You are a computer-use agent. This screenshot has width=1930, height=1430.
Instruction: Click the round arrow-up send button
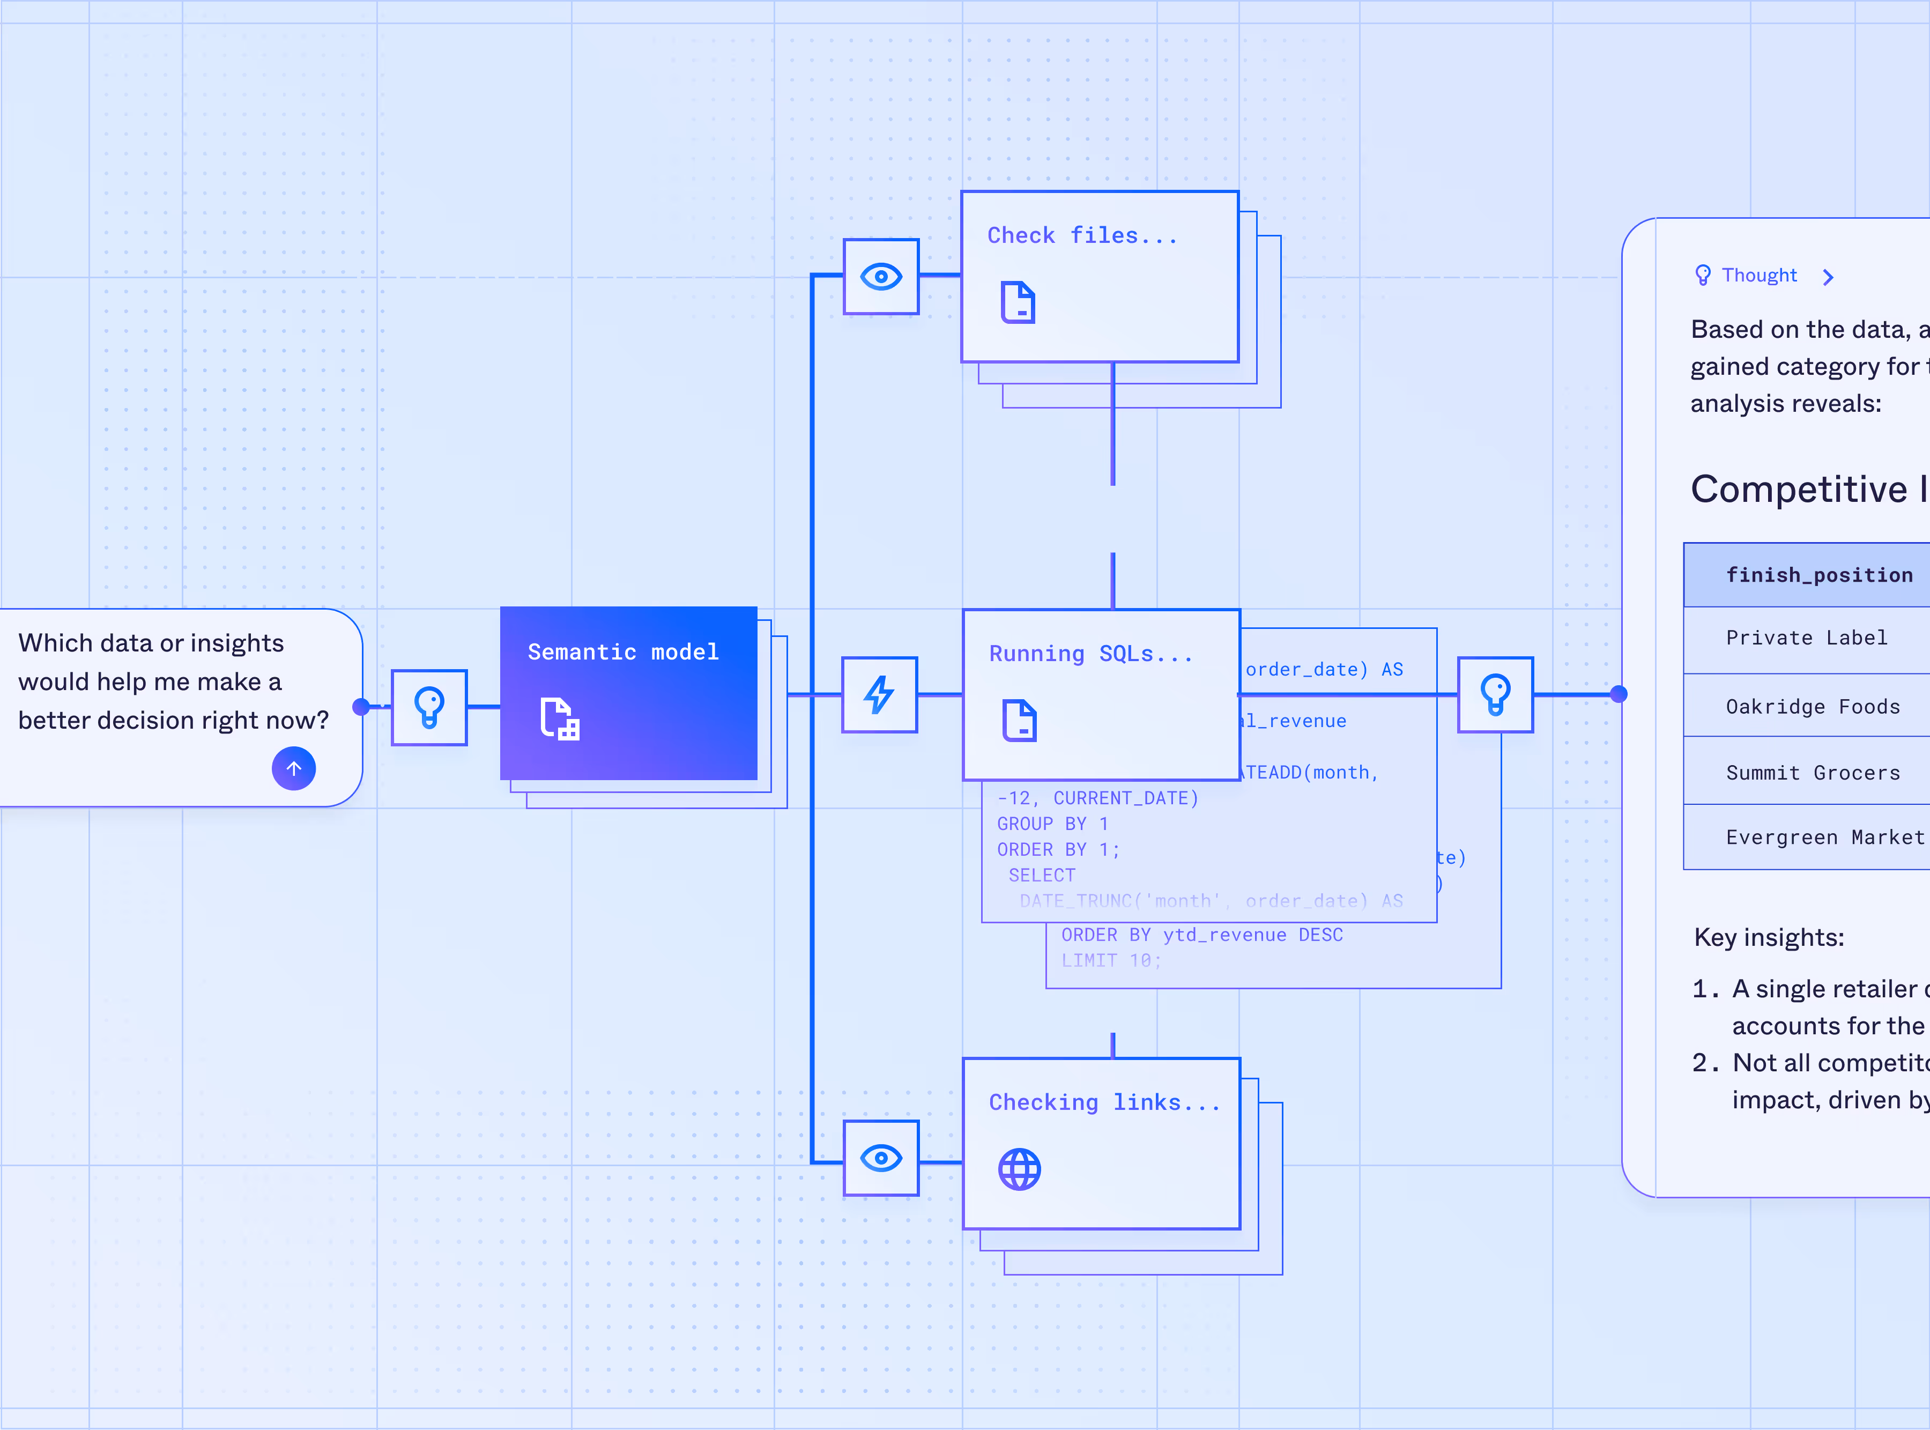coord(293,769)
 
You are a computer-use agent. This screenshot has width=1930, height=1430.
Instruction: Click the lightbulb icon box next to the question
coord(429,707)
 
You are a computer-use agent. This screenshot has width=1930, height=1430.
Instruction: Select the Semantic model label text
coord(623,652)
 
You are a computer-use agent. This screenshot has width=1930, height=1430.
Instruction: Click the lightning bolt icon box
coord(879,695)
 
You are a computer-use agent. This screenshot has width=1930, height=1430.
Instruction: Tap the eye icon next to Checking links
coord(881,1158)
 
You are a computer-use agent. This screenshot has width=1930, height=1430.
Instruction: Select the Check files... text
coord(1082,235)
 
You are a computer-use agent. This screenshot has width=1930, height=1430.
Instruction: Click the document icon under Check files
coord(1018,302)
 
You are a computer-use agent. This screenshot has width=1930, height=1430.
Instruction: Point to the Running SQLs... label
coord(1090,654)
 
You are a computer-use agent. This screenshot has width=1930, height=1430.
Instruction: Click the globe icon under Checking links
coord(1020,1169)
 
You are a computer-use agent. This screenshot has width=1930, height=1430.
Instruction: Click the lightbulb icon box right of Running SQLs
coord(1496,695)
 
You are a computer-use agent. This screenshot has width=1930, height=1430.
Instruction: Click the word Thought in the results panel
coord(1758,275)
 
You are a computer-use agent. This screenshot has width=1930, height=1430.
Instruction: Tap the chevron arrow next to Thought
coord(1828,277)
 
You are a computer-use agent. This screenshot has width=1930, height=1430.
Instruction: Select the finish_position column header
coord(1818,575)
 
